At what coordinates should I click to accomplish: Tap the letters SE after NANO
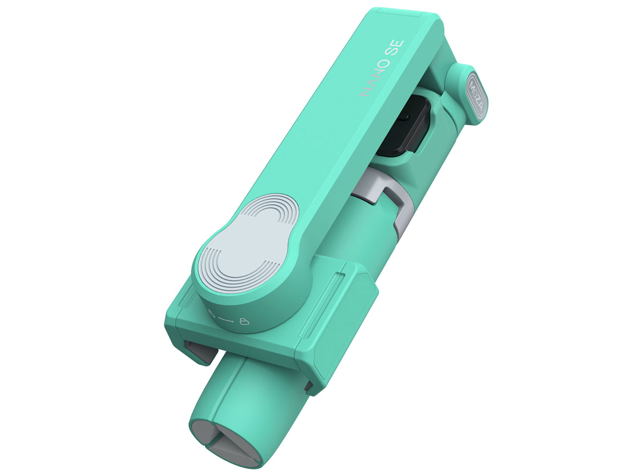(x=398, y=50)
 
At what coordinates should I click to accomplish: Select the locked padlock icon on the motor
(x=244, y=323)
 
